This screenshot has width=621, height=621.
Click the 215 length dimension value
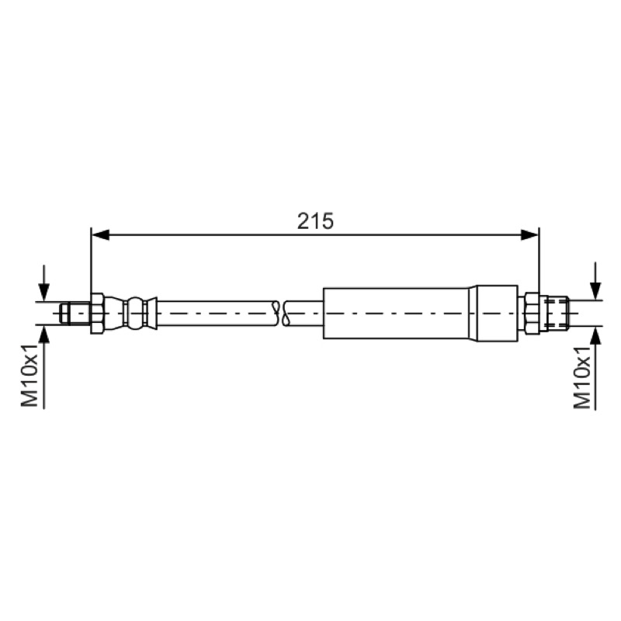(x=315, y=221)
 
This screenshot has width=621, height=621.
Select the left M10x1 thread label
(x=29, y=376)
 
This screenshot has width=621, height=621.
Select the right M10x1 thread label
(x=582, y=376)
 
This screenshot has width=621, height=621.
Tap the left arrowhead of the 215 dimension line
(x=100, y=235)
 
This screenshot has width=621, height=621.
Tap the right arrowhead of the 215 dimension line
(x=529, y=235)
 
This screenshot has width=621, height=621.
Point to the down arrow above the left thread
(x=44, y=283)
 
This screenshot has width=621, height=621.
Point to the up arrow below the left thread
(x=44, y=366)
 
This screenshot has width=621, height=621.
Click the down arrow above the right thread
(x=595, y=281)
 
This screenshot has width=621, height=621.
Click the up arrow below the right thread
(x=595, y=368)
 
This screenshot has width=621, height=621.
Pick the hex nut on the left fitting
(x=97, y=314)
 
